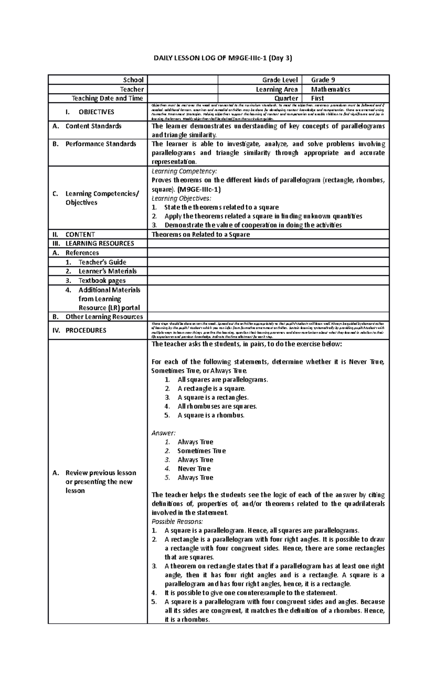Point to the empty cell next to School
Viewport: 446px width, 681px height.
click(182, 80)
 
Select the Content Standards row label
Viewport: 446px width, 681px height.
click(93, 126)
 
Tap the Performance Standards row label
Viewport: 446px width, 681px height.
click(101, 144)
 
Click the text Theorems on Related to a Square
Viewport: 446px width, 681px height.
click(201, 235)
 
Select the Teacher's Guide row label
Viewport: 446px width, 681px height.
click(102, 262)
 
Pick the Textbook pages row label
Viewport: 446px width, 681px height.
click(102, 281)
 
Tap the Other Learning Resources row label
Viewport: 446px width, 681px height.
click(104, 317)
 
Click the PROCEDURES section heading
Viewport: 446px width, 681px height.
click(85, 330)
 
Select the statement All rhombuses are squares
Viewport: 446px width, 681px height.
click(217, 406)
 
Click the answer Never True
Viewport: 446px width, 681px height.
click(194, 469)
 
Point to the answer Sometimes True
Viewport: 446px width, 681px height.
click(201, 451)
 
